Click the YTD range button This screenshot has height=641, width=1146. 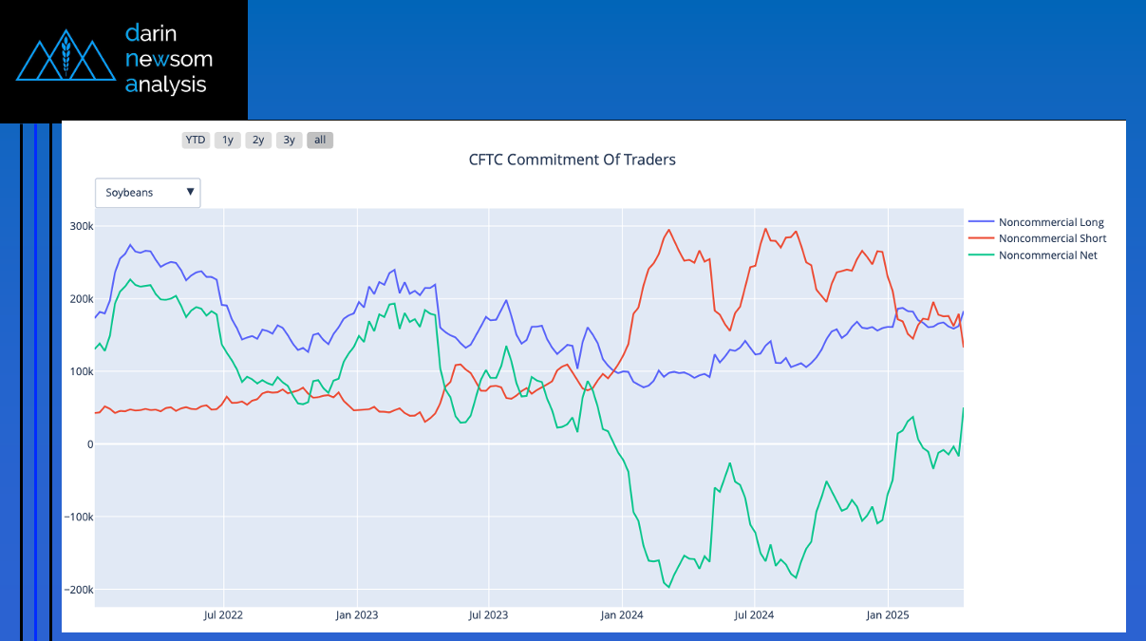(x=196, y=140)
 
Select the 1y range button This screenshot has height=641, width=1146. (x=227, y=140)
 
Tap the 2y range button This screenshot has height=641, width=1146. (x=258, y=140)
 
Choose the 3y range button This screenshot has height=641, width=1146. (x=289, y=140)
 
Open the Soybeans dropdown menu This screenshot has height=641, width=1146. (x=148, y=192)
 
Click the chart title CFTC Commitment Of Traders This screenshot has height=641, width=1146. (x=572, y=160)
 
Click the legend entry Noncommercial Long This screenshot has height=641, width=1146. (x=1050, y=222)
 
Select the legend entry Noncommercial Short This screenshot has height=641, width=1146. (x=1052, y=238)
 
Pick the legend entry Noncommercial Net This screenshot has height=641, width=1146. (x=1047, y=255)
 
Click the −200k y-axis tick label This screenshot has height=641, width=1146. (x=76, y=590)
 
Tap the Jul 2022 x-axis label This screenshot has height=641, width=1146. (x=223, y=615)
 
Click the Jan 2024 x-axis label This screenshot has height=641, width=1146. (x=622, y=615)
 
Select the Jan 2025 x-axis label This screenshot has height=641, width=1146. (x=888, y=615)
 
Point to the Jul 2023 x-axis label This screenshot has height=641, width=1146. (x=489, y=615)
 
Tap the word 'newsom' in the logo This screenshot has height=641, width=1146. (x=169, y=60)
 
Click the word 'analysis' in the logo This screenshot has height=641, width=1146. (x=166, y=85)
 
